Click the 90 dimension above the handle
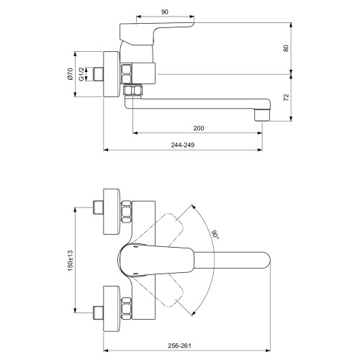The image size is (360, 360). point(165,12)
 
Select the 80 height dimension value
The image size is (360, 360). point(286,48)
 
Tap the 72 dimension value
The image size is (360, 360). point(287,97)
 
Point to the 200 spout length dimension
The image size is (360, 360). point(199,128)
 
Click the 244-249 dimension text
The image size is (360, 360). point(183,145)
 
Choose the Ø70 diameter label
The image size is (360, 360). point(70,74)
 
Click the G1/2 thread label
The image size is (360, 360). point(82,74)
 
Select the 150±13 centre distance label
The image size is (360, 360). point(70,261)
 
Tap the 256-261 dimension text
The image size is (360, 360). point(179,346)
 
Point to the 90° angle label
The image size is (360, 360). point(215,235)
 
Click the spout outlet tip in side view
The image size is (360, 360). point(262,116)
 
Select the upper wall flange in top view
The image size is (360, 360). point(112,212)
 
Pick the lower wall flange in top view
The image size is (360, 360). point(112,309)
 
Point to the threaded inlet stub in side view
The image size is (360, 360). point(98,74)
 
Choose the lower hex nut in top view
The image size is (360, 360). point(127,308)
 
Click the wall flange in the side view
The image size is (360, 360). point(112,74)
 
